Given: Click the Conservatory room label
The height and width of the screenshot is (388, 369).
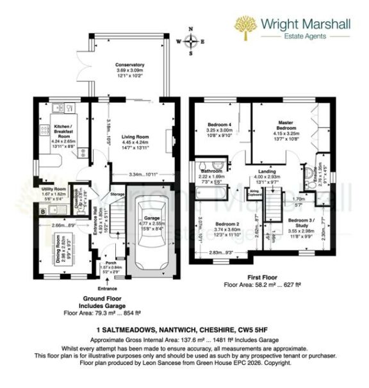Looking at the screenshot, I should (x=129, y=65).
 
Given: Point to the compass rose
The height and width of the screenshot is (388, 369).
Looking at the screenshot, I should (x=191, y=40).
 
